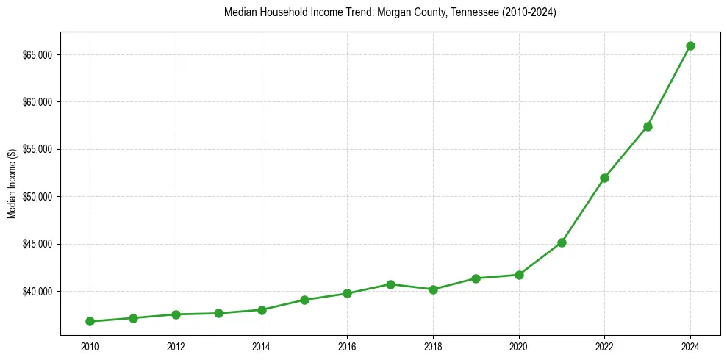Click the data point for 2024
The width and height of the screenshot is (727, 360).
tap(690, 46)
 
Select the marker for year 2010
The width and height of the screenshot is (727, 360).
tap(90, 321)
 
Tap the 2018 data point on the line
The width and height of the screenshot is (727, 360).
tap(433, 289)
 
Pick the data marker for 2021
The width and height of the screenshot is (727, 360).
tap(562, 242)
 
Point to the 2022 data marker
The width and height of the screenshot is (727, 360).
tap(604, 178)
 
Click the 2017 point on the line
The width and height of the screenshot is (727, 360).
tap(390, 284)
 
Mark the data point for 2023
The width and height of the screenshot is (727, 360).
tap(648, 126)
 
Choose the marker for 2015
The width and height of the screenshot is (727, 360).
tap(304, 300)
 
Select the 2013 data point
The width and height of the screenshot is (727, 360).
tap(218, 313)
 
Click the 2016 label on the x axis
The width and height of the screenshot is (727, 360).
tap(347, 345)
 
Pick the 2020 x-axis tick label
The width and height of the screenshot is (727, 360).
tap(519, 345)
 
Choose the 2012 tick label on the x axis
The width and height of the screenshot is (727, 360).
tap(176, 345)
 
